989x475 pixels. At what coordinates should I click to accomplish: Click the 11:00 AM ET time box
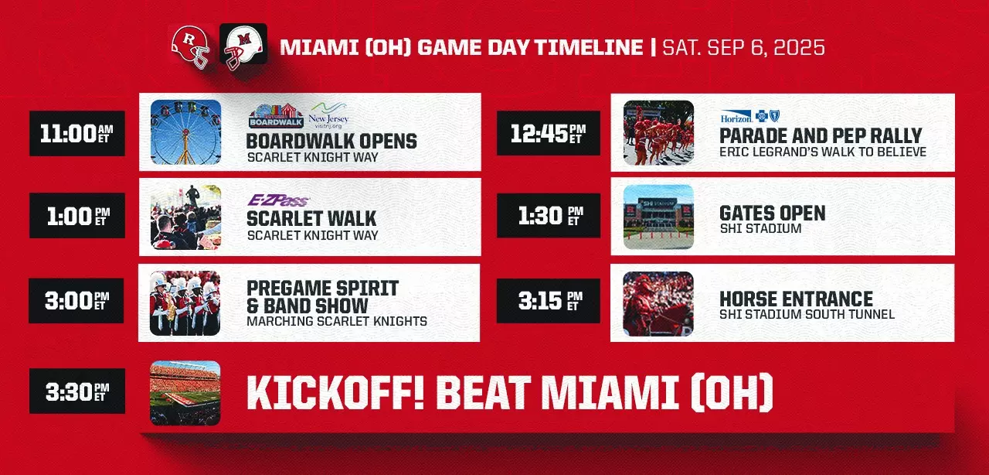point(77,133)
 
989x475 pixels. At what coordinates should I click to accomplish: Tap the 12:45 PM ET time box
point(549,133)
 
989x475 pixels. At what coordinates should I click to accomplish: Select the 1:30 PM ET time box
point(549,215)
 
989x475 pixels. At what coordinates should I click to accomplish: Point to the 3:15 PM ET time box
point(549,301)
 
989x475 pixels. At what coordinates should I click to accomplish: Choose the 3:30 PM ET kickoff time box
point(77,391)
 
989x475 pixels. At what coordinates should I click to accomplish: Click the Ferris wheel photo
point(185,132)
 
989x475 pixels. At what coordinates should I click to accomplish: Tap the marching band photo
point(185,303)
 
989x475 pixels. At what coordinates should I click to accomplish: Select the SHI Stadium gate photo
point(658,217)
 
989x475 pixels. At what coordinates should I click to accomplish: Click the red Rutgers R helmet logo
point(190,47)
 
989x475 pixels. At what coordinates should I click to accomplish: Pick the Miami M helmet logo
point(243,47)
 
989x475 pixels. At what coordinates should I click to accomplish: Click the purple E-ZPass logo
point(278,200)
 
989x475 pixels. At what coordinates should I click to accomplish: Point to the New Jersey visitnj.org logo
point(328,115)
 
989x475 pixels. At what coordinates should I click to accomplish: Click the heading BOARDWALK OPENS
point(331,141)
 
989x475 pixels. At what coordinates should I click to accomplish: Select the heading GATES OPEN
point(772,213)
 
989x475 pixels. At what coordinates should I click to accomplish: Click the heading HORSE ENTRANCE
point(796,299)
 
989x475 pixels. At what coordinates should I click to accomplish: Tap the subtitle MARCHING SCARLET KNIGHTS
point(337,321)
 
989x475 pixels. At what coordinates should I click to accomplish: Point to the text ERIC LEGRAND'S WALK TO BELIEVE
point(823,152)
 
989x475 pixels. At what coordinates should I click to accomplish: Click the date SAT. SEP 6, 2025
point(743,47)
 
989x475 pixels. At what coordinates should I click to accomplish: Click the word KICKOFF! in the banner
point(335,393)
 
